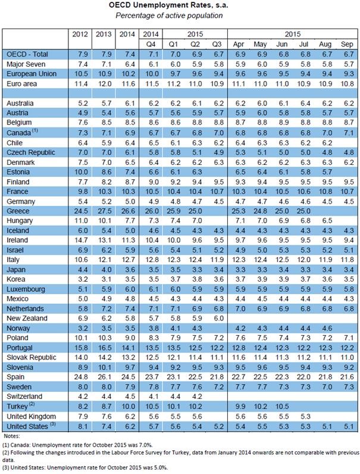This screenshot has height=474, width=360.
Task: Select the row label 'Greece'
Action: click(18, 211)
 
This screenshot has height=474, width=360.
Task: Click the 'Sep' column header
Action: click(345, 44)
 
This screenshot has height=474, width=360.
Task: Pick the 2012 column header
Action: click(79, 34)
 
